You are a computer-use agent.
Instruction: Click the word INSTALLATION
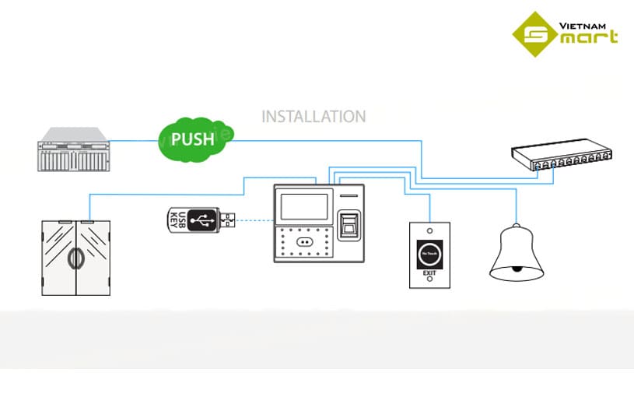click(x=313, y=117)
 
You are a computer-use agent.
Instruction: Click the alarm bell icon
click(x=516, y=254)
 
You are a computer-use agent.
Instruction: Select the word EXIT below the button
click(x=429, y=275)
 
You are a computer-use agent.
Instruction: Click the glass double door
click(x=75, y=257)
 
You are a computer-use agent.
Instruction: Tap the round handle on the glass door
click(x=75, y=259)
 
